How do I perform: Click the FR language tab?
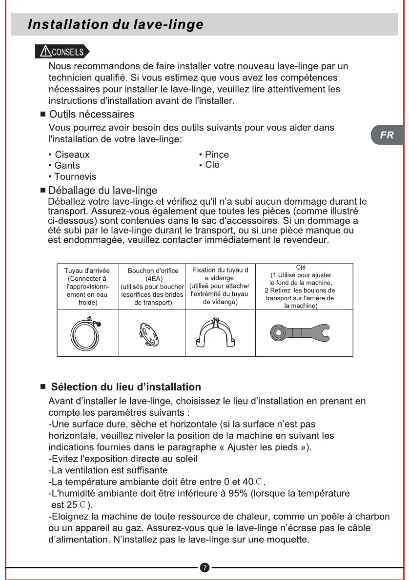387,135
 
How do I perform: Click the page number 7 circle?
205,567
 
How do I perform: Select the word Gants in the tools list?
67,166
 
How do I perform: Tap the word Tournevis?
75,176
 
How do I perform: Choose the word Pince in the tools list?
217,155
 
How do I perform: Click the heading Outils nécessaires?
92,115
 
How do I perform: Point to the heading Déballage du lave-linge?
103,190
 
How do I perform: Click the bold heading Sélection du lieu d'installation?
126,387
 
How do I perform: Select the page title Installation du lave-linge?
115,24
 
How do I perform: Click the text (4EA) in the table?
152,279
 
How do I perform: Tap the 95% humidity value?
238,493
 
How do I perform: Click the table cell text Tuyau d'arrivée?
87,271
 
